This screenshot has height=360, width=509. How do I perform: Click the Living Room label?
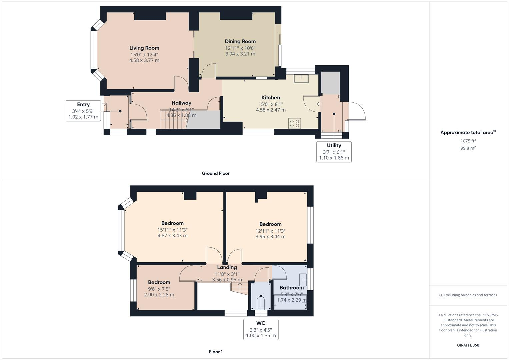[144, 48]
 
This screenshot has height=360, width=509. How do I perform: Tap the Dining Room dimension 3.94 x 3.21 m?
[240, 54]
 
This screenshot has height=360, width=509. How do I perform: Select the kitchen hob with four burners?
[294, 123]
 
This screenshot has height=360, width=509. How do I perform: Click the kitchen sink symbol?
[301, 79]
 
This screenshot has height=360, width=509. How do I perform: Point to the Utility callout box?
[334, 152]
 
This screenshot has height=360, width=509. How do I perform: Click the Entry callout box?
[83, 111]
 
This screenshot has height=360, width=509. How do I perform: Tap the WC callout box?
[261, 329]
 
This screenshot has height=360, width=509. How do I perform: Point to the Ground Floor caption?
[216, 173]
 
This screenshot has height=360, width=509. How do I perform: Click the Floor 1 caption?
[216, 352]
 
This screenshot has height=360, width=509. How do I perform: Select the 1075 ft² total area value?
[468, 141]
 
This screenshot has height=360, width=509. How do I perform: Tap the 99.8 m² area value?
[468, 148]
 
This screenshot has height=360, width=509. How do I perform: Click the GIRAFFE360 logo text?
[468, 345]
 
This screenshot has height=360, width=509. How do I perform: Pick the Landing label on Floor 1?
[227, 267]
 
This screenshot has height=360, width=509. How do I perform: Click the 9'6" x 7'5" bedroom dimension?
[159, 289]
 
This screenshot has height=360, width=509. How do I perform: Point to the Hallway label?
[181, 103]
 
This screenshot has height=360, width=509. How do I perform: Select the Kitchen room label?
[271, 98]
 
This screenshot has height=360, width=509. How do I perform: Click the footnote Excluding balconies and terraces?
[468, 295]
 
